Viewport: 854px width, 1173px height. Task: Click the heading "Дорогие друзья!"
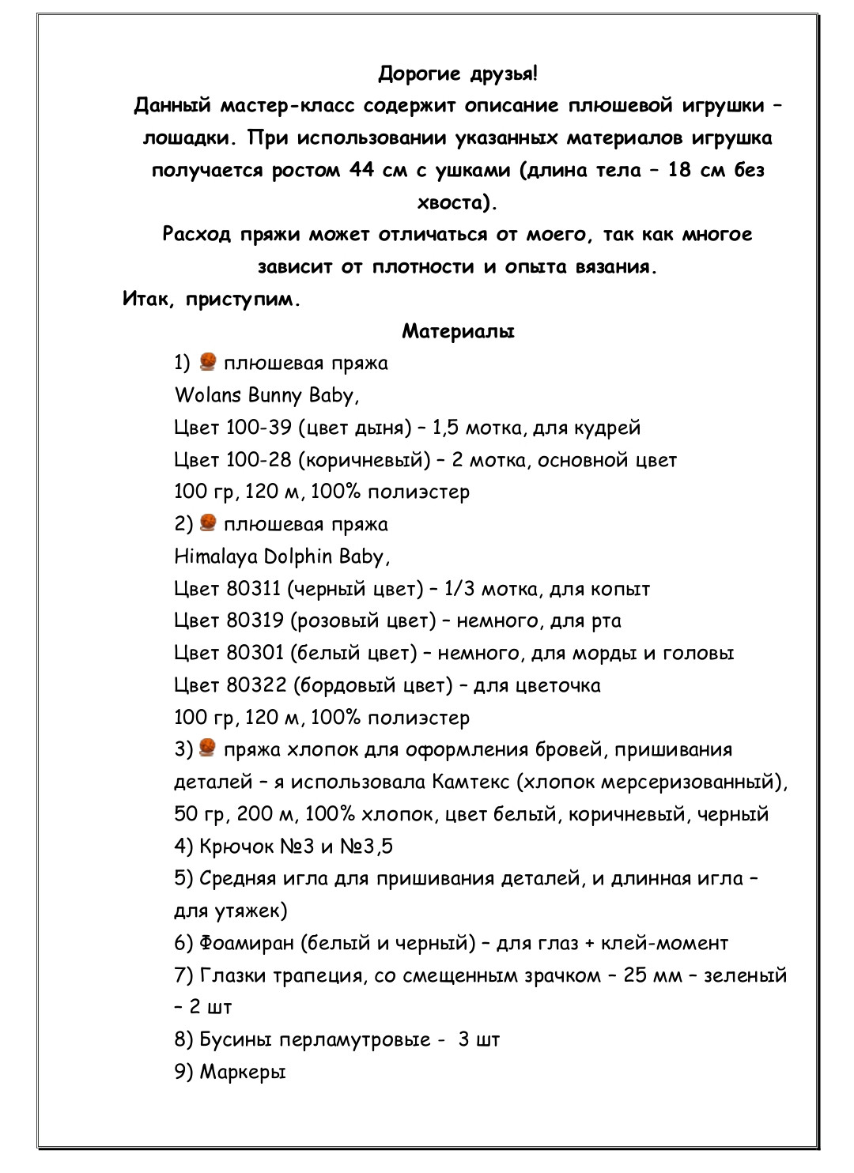[457, 74]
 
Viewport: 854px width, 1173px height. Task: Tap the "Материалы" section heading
[458, 331]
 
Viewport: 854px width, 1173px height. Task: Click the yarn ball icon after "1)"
[208, 362]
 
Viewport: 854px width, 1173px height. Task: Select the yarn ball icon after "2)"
[208, 523]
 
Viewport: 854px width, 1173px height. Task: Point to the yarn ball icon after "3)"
[208, 748]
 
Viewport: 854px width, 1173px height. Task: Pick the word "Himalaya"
[216, 557]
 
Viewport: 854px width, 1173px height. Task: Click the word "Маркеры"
[242, 1073]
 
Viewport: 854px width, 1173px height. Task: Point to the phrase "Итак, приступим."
[212, 300]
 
